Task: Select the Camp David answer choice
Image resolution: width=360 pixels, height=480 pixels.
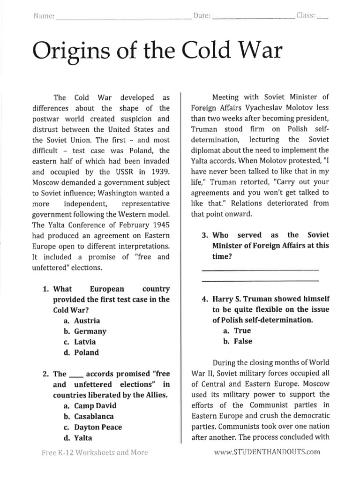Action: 90,405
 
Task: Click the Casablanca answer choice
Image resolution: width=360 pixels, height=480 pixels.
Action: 90,416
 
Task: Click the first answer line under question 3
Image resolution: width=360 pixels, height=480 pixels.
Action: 260,270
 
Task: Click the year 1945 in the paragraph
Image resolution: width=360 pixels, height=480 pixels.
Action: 159,225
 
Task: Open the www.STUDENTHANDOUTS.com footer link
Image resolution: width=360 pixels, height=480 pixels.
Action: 267,452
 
